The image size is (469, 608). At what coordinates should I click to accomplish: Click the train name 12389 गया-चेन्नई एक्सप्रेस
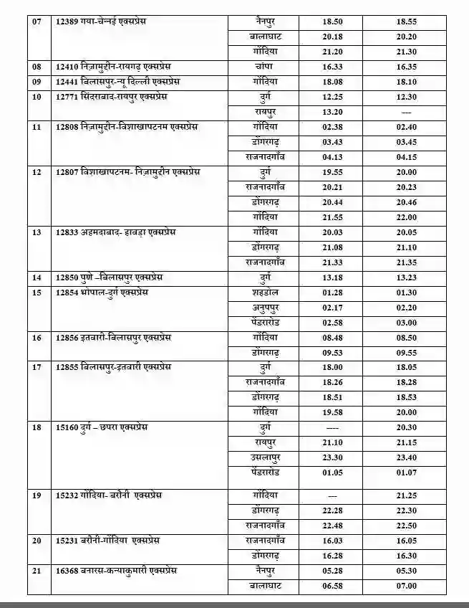(x=105, y=22)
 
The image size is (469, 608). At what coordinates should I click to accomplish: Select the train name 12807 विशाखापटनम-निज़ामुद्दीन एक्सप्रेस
(x=129, y=172)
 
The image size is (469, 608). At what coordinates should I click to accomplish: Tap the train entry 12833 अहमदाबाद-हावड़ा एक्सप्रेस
(x=115, y=232)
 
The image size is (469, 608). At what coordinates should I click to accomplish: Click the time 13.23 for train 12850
(x=406, y=277)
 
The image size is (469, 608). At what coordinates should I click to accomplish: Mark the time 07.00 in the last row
(x=406, y=586)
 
